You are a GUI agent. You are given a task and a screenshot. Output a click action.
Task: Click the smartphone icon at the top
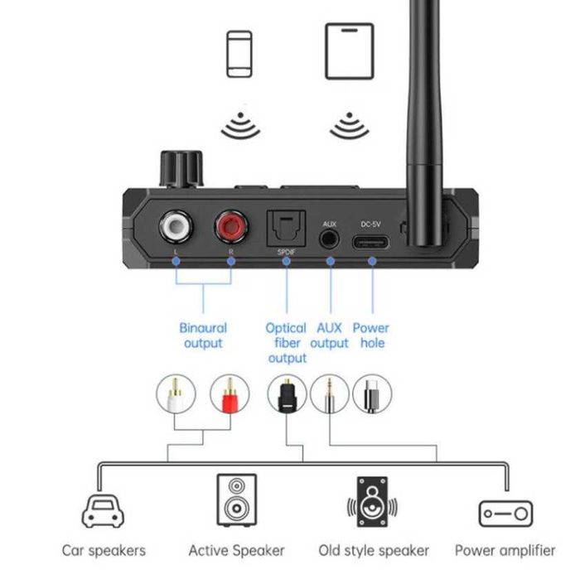(x=239, y=54)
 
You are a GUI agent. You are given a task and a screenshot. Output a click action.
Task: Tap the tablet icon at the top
(x=349, y=52)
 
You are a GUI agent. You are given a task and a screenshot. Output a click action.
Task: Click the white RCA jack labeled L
(x=177, y=224)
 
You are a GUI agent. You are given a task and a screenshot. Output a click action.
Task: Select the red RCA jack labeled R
(x=230, y=224)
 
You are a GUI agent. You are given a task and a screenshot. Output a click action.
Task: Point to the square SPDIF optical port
(x=286, y=226)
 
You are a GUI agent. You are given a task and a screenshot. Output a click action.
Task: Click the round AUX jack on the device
(x=330, y=237)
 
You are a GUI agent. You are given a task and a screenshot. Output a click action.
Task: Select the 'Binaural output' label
(x=203, y=335)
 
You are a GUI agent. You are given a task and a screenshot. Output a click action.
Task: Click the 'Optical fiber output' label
(x=287, y=343)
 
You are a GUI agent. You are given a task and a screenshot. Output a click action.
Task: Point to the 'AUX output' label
(x=330, y=335)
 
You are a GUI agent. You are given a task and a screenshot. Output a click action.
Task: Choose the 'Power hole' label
(x=371, y=335)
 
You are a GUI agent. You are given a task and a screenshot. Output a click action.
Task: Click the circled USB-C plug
(x=372, y=395)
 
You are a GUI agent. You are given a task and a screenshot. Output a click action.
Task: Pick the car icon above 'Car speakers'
(x=104, y=512)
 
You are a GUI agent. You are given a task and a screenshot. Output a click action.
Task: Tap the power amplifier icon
(x=505, y=514)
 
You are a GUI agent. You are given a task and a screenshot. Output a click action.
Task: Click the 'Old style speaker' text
(x=374, y=550)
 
